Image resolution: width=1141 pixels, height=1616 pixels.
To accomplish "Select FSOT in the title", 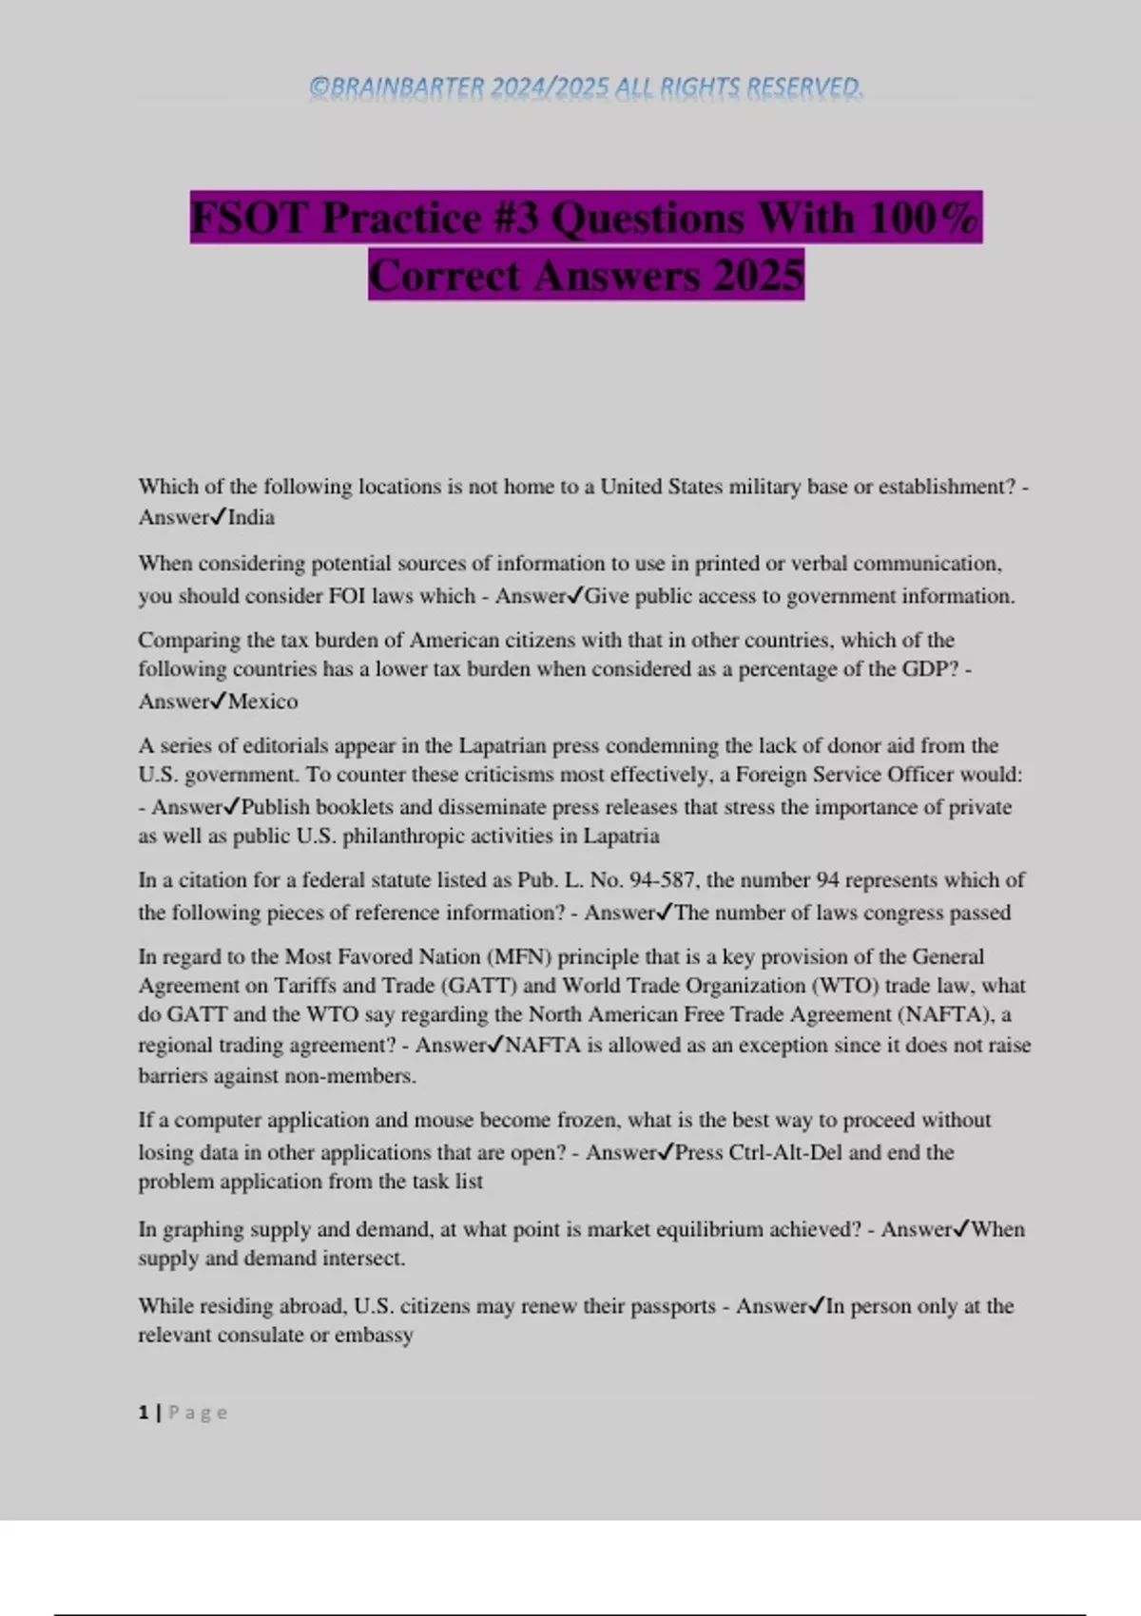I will pyautogui.click(x=249, y=218).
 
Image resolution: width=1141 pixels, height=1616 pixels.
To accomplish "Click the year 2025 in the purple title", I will pyautogui.click(x=759, y=276).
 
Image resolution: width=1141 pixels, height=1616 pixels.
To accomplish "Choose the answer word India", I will pyautogui.click(x=251, y=517).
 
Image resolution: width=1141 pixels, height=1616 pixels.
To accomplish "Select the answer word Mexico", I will pyautogui.click(x=262, y=702).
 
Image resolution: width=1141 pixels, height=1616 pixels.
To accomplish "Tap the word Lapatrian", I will pyautogui.click(x=503, y=745).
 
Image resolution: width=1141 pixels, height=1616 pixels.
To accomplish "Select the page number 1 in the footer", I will pyautogui.click(x=144, y=1413).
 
